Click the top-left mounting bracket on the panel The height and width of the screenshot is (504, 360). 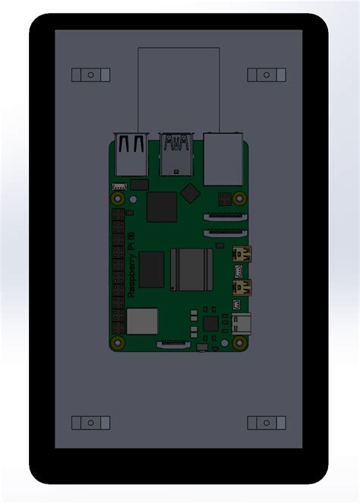[90, 74]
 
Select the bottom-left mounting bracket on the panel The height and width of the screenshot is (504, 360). [90, 422]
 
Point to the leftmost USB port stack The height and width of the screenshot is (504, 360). [130, 156]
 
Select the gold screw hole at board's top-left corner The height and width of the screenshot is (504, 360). [118, 199]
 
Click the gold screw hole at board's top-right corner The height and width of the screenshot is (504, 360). [240, 200]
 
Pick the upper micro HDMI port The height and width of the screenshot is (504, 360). [242, 253]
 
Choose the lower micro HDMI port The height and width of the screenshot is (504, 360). [242, 287]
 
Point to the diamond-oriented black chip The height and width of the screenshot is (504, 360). [191, 193]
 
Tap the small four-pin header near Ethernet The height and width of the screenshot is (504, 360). [224, 199]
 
